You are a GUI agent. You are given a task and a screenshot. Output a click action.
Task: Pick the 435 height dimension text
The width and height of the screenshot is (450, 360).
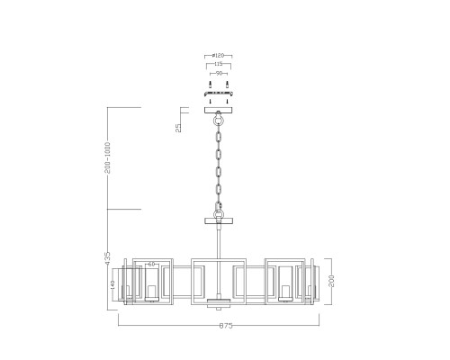pyautogui.click(x=108, y=256)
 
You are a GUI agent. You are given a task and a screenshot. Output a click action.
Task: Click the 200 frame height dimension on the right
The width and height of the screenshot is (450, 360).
pyautogui.click(x=330, y=280)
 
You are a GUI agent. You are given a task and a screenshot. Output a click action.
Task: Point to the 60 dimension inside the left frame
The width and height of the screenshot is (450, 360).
pyautogui.click(x=152, y=265)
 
